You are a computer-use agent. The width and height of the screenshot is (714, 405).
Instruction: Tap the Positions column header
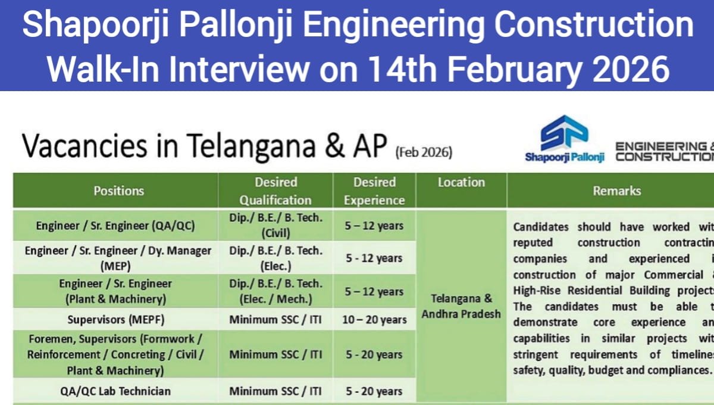coord(118,191)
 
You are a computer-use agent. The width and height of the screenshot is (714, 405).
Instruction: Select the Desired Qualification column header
coord(275,191)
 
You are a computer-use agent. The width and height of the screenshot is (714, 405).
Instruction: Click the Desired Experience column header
coord(374,191)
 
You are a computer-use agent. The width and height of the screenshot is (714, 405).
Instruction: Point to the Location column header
coord(461,183)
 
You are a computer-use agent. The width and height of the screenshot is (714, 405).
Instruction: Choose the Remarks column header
coord(616,191)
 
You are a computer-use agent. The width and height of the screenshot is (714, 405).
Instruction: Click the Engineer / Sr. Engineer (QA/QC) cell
coord(115,226)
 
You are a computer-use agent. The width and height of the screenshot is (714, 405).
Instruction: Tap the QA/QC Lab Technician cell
coord(115,391)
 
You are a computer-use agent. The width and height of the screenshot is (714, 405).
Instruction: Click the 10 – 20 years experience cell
coord(375,320)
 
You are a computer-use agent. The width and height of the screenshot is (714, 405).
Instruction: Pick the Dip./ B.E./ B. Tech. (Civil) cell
coord(275,225)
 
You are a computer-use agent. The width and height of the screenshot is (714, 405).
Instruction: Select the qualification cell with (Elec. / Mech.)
coord(275,292)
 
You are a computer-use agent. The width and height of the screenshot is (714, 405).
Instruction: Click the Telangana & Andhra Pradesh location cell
coord(461,306)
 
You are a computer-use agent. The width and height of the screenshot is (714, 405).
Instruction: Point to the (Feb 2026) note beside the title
coord(424,152)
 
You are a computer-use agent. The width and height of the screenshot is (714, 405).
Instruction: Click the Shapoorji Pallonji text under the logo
coord(564,157)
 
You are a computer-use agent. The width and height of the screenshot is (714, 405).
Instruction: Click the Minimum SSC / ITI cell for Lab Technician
coord(275,391)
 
